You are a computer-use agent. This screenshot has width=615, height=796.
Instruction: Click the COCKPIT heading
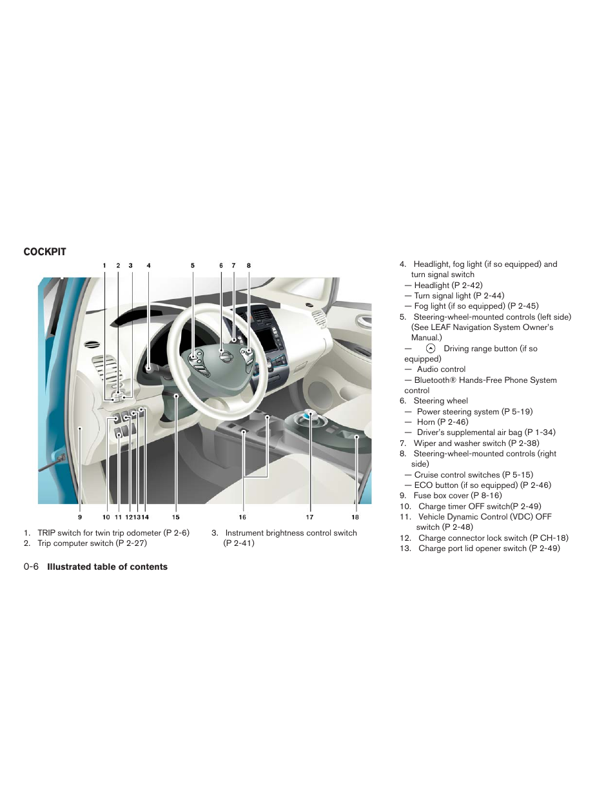44,252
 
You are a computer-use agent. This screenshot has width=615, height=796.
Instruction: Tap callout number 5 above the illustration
192,266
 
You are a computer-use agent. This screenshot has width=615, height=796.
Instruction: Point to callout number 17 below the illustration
309,517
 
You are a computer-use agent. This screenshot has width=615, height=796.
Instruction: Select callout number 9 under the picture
80,517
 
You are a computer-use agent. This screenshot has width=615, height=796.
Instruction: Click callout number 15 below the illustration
175,517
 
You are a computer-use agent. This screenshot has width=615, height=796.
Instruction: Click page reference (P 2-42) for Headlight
467,286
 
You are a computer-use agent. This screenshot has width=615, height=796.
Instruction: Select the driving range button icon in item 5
431,349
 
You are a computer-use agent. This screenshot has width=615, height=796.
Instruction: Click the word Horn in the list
425,422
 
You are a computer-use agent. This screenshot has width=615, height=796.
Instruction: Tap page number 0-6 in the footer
31,567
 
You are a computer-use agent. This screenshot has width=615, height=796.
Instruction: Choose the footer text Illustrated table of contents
107,567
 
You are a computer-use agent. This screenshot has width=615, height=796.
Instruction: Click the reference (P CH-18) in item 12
549,538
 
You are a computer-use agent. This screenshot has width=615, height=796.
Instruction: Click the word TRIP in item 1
46,533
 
